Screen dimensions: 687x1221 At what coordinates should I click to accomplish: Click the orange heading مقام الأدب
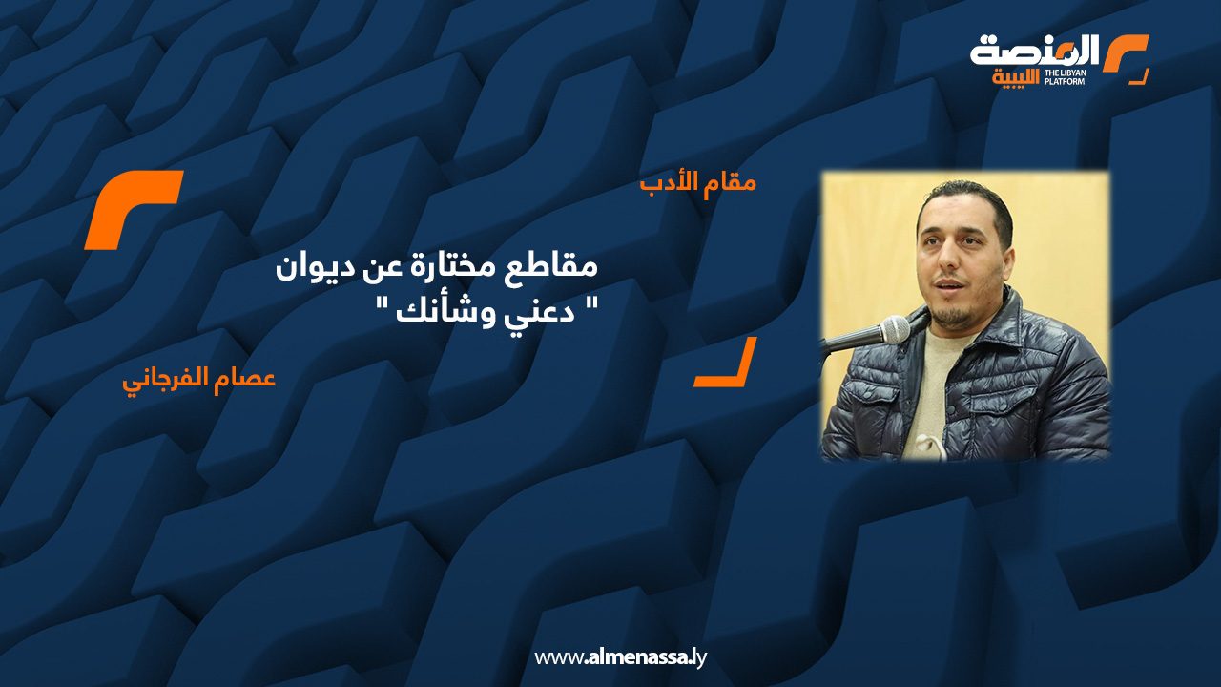pyautogui.click(x=698, y=182)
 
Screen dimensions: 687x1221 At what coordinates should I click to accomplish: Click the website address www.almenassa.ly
pyautogui.click(x=620, y=657)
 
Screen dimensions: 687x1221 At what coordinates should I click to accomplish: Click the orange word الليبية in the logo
pyautogui.click(x=1015, y=77)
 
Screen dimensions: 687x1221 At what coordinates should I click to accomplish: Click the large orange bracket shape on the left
pyautogui.click(x=133, y=209)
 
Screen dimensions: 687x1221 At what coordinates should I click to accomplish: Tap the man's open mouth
pyautogui.click(x=947, y=287)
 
